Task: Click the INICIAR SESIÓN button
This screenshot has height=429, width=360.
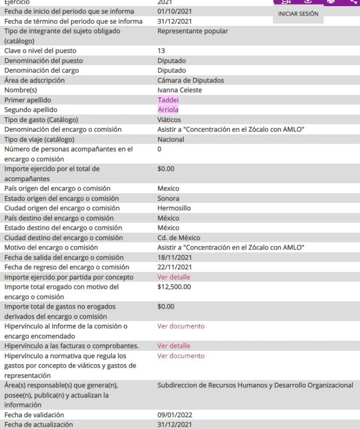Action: tap(298, 14)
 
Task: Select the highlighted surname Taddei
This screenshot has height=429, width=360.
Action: tap(168, 100)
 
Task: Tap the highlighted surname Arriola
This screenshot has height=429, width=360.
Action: tap(168, 110)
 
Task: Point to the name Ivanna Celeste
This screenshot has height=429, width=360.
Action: tap(180, 90)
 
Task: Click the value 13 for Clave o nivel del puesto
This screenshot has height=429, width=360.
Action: tap(161, 51)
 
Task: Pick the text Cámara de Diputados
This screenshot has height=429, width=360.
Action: tap(191, 80)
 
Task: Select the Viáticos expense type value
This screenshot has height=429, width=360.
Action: tap(169, 120)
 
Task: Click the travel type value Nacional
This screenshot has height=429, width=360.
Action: tap(171, 139)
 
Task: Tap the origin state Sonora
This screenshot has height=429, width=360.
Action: tap(168, 198)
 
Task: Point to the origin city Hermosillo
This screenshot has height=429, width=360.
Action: tap(174, 208)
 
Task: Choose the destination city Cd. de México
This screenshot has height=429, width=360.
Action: tap(179, 238)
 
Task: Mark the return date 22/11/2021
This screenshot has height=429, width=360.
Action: tap(174, 267)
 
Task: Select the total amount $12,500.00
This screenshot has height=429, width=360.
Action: tap(174, 287)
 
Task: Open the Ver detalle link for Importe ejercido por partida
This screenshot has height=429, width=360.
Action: tap(173, 277)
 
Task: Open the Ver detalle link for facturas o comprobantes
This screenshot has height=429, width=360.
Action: tap(173, 346)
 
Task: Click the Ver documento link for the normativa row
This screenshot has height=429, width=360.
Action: tap(181, 356)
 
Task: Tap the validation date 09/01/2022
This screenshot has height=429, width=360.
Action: tap(174, 415)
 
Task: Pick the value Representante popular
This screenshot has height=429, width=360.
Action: tap(193, 31)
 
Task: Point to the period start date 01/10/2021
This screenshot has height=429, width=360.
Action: tap(174, 11)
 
